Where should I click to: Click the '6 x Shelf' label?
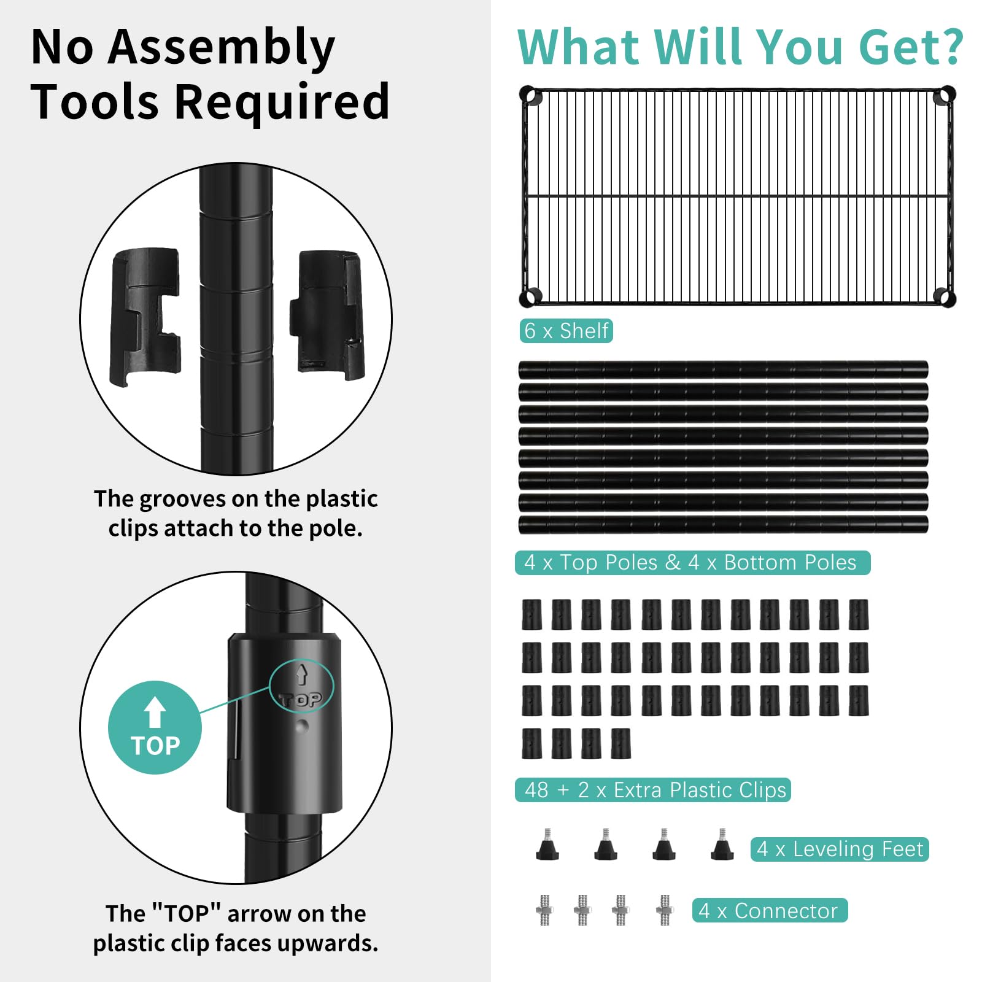pyautogui.click(x=566, y=331)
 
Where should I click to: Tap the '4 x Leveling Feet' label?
pyautogui.click(x=840, y=849)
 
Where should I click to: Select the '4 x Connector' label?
pyautogui.click(x=770, y=911)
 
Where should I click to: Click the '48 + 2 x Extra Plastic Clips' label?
pyautogui.click(x=653, y=790)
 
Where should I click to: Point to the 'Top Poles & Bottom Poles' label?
pyautogui.click(x=692, y=563)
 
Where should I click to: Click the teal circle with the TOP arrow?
pyautogui.click(x=155, y=727)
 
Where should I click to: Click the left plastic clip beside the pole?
pyautogui.click(x=145, y=317)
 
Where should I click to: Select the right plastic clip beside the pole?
pyautogui.click(x=328, y=314)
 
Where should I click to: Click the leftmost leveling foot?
pyautogui.click(x=547, y=845)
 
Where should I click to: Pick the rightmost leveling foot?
pyautogui.click(x=722, y=845)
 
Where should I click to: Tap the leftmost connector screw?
pyautogui.click(x=544, y=910)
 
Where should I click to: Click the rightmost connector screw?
pyautogui.click(x=665, y=910)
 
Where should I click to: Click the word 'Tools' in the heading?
pyautogui.click(x=95, y=101)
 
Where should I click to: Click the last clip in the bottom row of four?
pyautogui.click(x=621, y=743)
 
